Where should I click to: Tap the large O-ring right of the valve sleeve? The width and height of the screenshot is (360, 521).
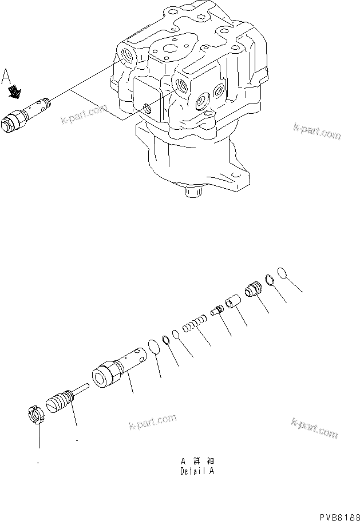[153, 347]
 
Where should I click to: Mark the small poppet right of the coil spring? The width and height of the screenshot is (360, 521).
[217, 310]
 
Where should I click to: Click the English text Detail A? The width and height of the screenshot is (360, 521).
[197, 472]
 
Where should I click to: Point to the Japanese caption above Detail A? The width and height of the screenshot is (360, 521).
[197, 461]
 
